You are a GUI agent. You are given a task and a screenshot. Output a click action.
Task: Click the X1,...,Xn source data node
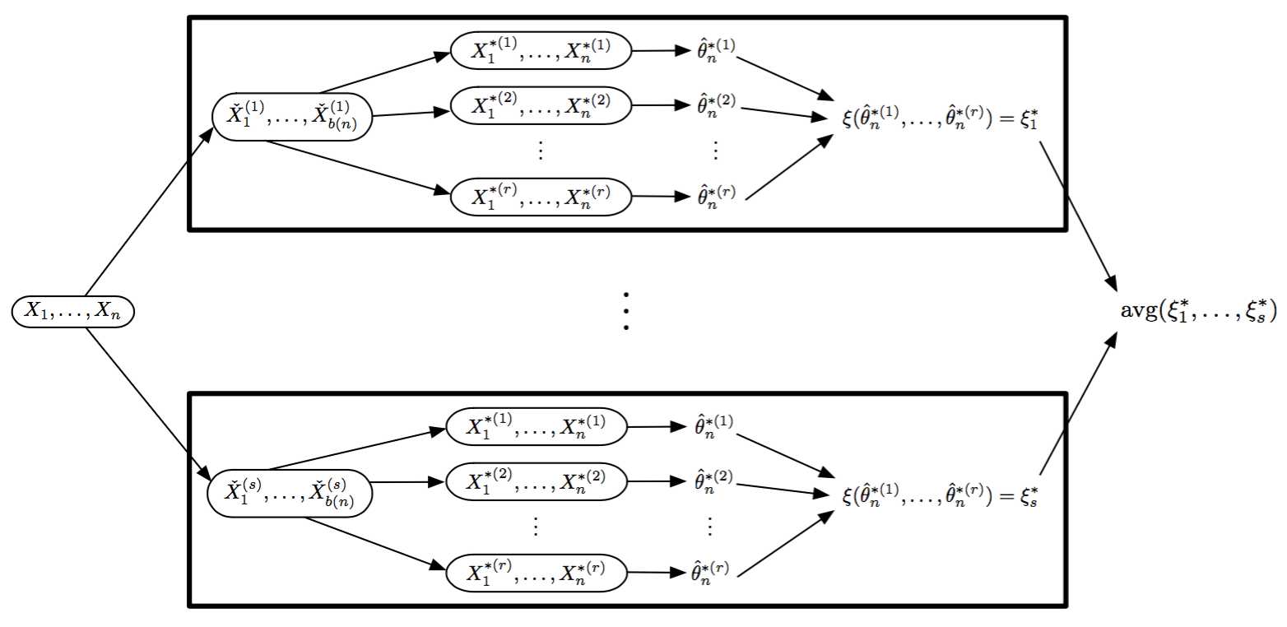click(x=72, y=312)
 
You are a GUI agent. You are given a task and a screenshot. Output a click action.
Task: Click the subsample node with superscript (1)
click(x=291, y=117)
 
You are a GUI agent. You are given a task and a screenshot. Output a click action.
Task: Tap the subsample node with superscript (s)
click(x=290, y=494)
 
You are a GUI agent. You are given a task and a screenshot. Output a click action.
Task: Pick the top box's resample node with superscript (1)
click(x=541, y=50)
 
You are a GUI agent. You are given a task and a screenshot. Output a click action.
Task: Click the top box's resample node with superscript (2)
click(x=541, y=104)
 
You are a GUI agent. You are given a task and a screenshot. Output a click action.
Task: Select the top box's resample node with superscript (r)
click(x=541, y=196)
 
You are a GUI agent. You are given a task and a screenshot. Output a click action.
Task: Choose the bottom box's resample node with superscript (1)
click(x=537, y=426)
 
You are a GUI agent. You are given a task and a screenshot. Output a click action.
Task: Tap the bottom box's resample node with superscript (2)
click(x=537, y=481)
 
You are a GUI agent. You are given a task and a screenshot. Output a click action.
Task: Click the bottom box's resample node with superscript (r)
click(x=537, y=572)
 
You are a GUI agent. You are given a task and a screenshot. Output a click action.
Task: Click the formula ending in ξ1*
click(x=935, y=119)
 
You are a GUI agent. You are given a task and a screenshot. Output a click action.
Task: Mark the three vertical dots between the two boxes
click(x=626, y=311)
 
